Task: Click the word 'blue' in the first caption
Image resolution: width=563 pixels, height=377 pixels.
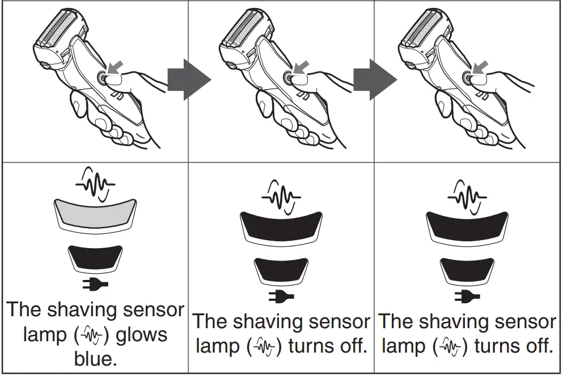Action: [x=94, y=360]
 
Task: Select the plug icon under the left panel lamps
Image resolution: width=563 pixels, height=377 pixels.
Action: [x=95, y=284]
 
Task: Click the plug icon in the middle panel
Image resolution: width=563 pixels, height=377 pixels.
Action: [x=281, y=295]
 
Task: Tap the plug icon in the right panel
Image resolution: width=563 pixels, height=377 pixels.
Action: [x=467, y=295]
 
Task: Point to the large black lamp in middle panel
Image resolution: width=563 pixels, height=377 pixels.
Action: [x=281, y=225]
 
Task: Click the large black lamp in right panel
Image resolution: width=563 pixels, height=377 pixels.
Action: [x=467, y=225]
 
